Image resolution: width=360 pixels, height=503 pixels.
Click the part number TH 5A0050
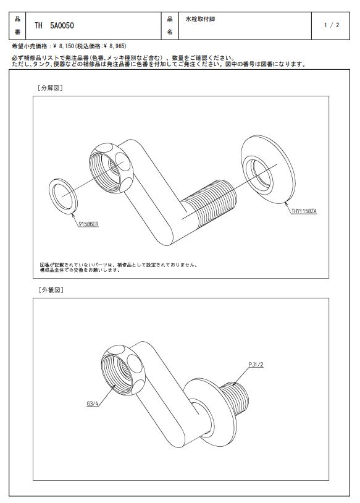54,26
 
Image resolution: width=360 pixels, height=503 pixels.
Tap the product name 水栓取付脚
200,19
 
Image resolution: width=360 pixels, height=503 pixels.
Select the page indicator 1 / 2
332,25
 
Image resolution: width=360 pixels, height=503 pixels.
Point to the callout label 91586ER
88,224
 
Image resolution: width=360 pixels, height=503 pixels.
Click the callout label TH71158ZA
304,211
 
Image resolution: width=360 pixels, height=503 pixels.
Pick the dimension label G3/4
93,404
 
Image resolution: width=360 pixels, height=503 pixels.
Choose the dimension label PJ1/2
256,365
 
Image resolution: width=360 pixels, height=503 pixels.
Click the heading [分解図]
50,88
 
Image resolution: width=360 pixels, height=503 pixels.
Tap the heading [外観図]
51,290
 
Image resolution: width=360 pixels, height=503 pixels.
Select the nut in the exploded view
111,167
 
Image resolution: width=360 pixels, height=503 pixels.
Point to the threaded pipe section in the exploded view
209,201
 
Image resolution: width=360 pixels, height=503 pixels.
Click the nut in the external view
123,370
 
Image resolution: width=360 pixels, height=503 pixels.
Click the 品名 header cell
170,26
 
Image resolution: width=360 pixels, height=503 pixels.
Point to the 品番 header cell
17,26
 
